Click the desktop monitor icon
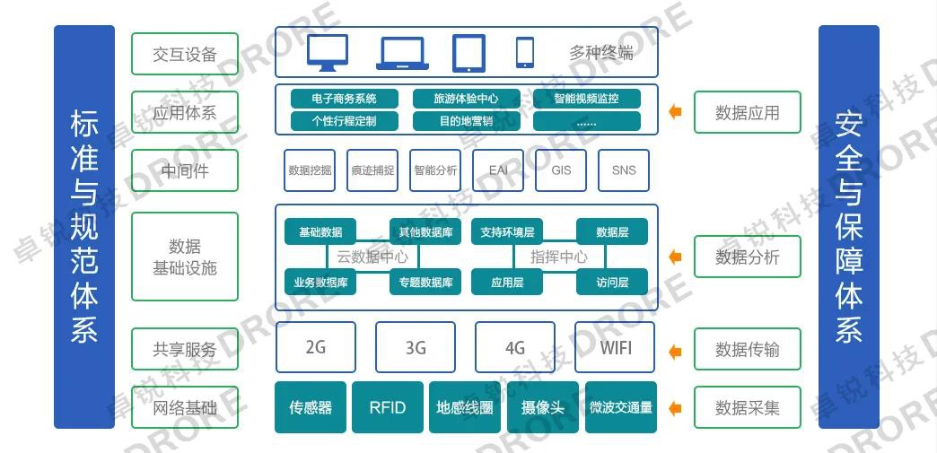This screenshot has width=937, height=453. point(328,53)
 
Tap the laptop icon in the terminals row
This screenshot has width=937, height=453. point(403,53)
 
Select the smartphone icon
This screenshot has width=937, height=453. point(525,52)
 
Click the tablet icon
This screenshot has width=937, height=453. point(468,53)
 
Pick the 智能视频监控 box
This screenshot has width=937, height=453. point(586,99)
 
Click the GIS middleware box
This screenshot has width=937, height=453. point(561,170)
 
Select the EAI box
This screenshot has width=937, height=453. point(498,170)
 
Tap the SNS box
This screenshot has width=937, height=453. point(624,170)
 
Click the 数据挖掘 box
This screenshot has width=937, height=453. point(310,170)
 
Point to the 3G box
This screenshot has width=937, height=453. point(416,347)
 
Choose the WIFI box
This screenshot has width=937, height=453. point(615,347)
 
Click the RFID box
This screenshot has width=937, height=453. point(388,407)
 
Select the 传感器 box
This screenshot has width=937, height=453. point(311,407)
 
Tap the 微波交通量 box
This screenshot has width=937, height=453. point(621,407)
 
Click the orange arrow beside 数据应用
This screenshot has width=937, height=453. point(676,112)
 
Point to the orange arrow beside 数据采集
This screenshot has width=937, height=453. point(676,408)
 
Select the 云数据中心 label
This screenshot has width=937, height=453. point(372,257)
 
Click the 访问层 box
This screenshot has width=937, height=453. point(612,283)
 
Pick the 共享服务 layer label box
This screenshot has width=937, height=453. point(185,349)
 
